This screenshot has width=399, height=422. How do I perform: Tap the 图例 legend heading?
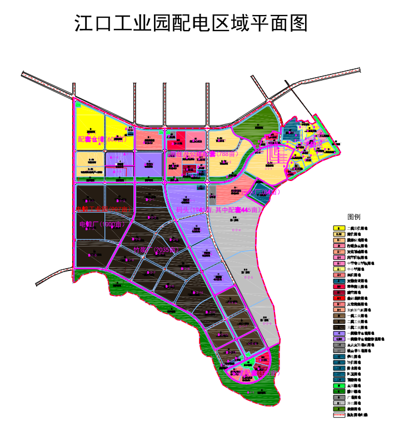(x=354, y=216)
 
